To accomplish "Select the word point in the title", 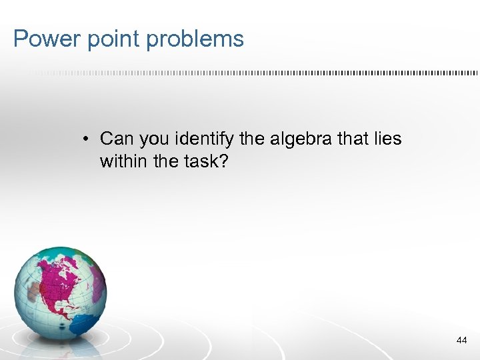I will click(x=111, y=39).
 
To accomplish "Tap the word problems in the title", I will click(x=195, y=39).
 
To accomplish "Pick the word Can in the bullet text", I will click(x=117, y=139).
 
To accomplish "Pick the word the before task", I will click(x=167, y=161).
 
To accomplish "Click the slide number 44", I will click(x=461, y=340).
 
